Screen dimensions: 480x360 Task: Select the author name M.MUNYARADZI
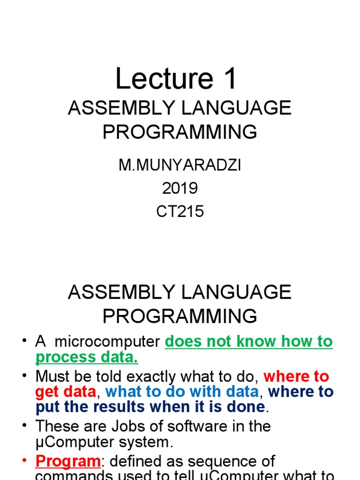click(x=180, y=166)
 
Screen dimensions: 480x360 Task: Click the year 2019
click(x=180, y=188)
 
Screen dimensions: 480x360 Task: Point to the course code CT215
click(x=180, y=211)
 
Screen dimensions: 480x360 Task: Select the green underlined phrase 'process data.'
click(x=87, y=357)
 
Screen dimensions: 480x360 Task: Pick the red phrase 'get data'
click(x=66, y=391)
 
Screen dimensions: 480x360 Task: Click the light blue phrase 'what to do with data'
click(x=182, y=391)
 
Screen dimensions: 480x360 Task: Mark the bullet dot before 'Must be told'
click(x=25, y=376)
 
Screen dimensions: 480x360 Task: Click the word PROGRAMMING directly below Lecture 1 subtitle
click(x=180, y=132)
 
